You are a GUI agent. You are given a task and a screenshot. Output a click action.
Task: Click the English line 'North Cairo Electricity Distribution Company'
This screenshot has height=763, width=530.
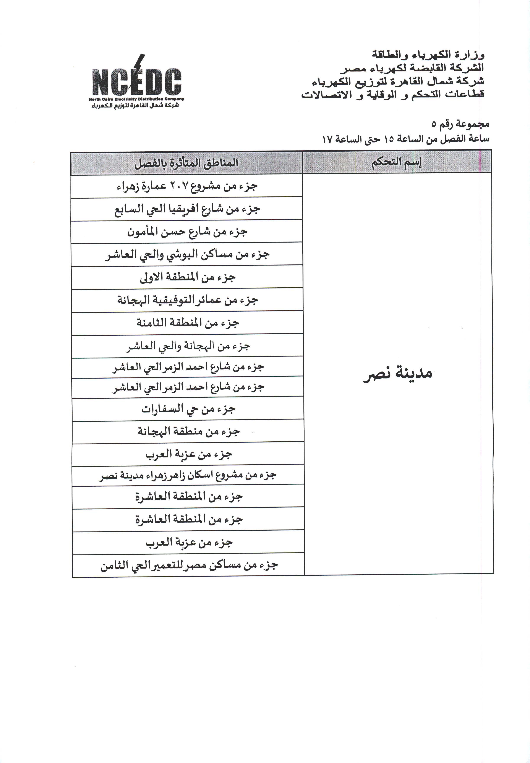(136, 99)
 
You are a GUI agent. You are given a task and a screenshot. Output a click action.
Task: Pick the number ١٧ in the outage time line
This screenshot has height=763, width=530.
(327, 139)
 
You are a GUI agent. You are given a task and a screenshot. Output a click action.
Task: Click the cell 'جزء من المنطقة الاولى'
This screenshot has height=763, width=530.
(187, 277)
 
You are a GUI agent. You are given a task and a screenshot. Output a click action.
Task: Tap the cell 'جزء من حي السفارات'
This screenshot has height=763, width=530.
(188, 409)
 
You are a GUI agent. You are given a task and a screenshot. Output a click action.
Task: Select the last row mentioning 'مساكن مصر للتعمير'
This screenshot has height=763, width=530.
(189, 565)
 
